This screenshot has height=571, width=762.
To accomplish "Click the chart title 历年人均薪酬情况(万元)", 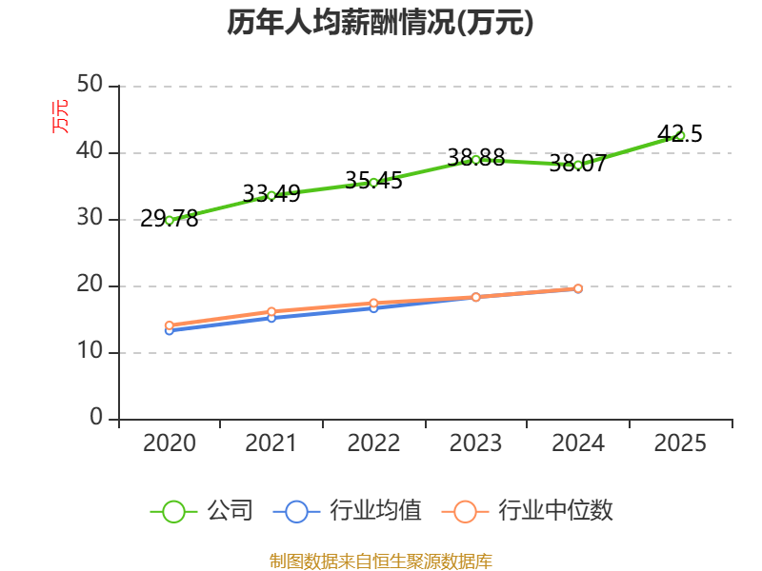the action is coord(380,22).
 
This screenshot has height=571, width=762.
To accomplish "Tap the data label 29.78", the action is coord(170,219).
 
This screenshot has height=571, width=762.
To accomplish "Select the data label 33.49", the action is coord(271,193).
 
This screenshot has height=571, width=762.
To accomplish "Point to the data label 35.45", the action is coord(373,180).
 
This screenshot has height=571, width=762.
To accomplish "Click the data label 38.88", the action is coord(475,157).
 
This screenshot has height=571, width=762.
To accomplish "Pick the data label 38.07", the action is coord(578,163).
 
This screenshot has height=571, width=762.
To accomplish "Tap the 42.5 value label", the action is coord(680,133).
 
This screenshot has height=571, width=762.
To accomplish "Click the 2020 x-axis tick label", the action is coord(170,443).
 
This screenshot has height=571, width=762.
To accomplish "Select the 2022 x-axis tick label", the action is coord(373,443).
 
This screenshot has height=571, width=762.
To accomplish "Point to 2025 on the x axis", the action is coord(680,443).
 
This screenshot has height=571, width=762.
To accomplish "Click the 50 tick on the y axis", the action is coord(90,85).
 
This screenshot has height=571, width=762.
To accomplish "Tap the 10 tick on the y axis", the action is coord(90,351).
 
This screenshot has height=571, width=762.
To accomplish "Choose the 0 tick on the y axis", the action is coord(96,418).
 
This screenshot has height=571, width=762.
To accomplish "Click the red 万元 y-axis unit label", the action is coord(60,116).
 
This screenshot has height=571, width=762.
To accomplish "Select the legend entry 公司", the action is coord(202,511).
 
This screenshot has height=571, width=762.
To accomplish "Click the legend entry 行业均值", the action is coord(348,511).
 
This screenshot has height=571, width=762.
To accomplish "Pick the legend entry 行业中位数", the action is coord(528,511).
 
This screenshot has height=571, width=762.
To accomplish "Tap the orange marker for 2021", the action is coord(271,312).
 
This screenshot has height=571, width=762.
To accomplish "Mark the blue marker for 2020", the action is coord(170,331).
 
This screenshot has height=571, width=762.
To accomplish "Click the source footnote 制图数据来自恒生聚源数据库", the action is coord(381,561).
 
